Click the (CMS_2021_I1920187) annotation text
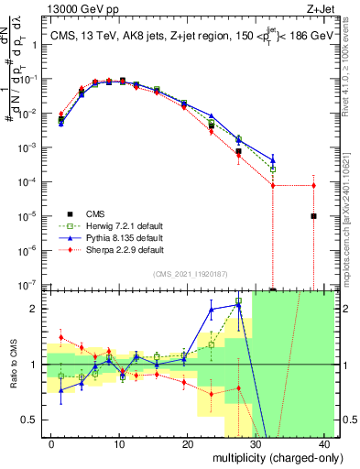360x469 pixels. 190,274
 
